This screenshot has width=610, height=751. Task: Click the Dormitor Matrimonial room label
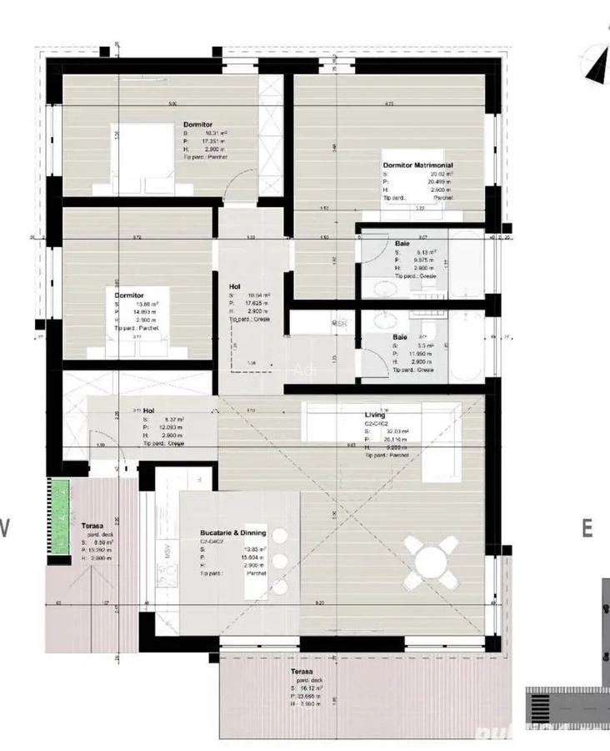[417, 165]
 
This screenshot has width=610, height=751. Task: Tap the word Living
[375, 415]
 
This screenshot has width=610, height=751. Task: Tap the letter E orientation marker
[587, 528]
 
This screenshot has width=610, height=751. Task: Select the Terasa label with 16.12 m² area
[302, 671]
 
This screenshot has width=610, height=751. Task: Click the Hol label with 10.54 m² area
[235, 286]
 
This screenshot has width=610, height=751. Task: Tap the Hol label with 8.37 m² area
[149, 411]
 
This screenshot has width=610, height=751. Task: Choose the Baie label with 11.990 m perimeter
[400, 338]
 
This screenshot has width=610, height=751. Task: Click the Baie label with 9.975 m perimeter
[402, 244]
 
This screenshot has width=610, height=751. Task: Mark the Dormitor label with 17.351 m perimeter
[198, 124]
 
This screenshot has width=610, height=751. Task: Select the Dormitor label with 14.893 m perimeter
[129, 295]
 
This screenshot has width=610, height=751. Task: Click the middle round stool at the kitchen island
[280, 560]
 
